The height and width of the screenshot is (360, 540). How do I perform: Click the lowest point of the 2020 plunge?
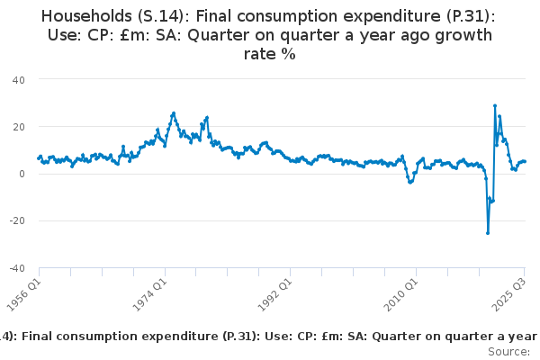point(488,233)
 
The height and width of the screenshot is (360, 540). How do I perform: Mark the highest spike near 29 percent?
point(495,105)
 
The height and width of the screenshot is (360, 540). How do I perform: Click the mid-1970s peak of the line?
point(173,113)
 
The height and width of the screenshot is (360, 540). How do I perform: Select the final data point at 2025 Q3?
point(525,162)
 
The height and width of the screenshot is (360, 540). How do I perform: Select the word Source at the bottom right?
point(508,351)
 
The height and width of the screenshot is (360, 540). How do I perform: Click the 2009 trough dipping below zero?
point(410,182)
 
